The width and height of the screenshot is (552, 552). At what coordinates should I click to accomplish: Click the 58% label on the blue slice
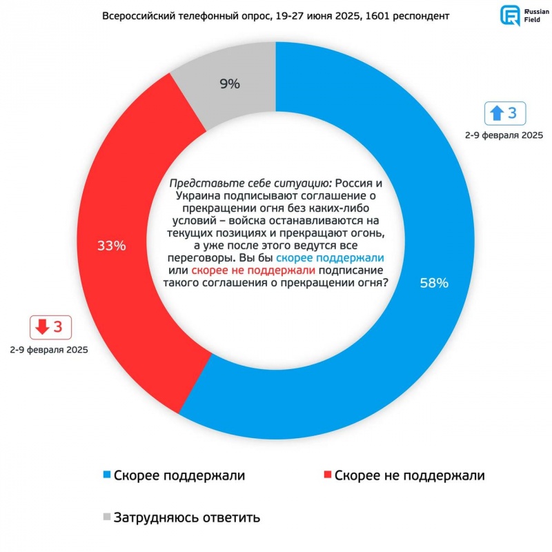pyautogui.click(x=434, y=283)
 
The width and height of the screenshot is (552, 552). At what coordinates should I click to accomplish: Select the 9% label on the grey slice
pyautogui.click(x=229, y=84)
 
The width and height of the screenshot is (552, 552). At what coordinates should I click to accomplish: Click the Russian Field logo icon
pyautogui.click(x=511, y=16)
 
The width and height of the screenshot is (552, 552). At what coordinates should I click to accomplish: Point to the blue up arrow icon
pyautogui.click(x=496, y=112)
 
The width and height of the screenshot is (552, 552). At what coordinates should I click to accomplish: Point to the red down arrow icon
pyautogui.click(x=43, y=327)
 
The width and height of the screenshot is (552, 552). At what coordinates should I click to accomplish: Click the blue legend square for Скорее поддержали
pyautogui.click(x=106, y=475)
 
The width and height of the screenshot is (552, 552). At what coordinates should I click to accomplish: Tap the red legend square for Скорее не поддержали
pyautogui.click(x=326, y=475)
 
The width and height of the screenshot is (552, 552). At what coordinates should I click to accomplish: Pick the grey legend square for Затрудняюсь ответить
pyautogui.click(x=106, y=516)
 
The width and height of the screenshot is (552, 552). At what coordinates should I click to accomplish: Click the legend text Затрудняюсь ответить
pyautogui.click(x=187, y=516)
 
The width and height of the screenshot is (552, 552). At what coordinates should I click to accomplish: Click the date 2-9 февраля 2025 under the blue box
pyautogui.click(x=504, y=136)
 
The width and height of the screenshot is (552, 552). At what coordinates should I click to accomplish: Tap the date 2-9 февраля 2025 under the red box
pyautogui.click(x=49, y=351)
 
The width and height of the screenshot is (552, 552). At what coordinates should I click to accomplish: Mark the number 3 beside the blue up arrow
pyautogui.click(x=511, y=112)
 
